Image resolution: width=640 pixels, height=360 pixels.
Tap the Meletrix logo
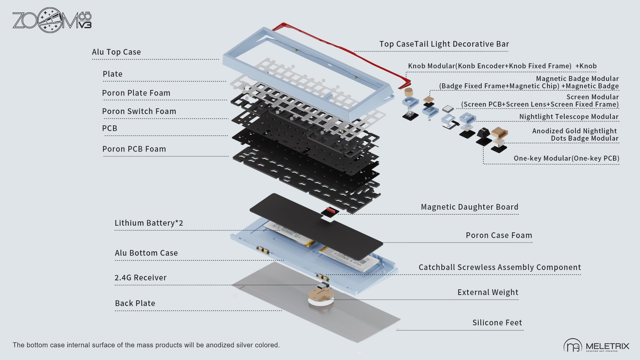pyautogui.click(x=596, y=346)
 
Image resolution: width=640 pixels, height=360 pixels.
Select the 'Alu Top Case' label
pyautogui.click(x=116, y=52)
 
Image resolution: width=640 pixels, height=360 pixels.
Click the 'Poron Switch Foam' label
pyautogui.click(x=139, y=111)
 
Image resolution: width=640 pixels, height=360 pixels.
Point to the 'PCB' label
pyautogui.click(x=110, y=128)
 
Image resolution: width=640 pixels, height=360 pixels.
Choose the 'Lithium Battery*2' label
pyautogui.click(x=149, y=223)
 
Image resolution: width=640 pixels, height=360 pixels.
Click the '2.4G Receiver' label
pyautogui.click(x=140, y=278)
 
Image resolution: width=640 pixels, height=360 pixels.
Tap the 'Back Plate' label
pyautogui.click(x=135, y=303)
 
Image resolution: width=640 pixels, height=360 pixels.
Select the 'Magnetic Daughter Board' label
pyautogui.click(x=469, y=207)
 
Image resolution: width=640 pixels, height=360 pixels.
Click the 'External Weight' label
pyautogui.click(x=488, y=292)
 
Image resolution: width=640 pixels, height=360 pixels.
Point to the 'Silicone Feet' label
pyautogui.click(x=497, y=323)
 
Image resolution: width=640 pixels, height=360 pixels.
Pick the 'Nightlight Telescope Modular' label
pyautogui.click(x=569, y=117)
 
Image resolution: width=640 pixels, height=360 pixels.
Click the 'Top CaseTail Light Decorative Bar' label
pyautogui.click(x=444, y=44)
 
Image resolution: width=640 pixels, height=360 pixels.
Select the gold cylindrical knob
pyautogui.click(x=408, y=92)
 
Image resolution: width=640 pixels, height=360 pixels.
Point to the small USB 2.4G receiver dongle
pyautogui.click(x=323, y=286)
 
